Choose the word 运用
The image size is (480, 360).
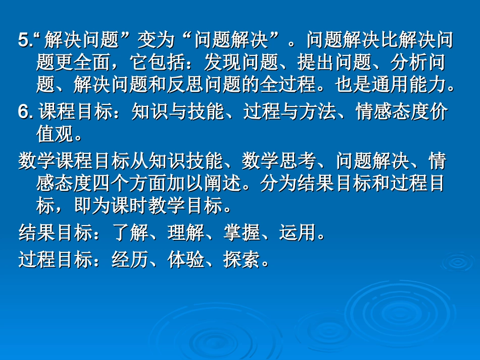(298, 233)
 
